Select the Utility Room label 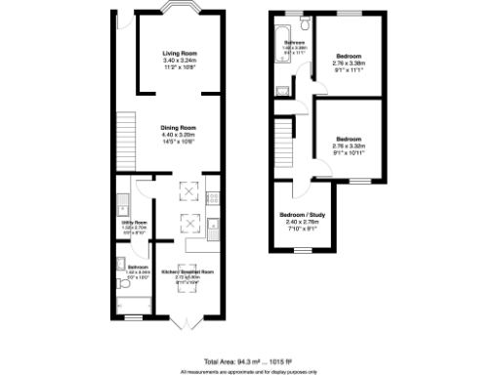[133, 223]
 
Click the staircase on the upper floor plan [284, 138]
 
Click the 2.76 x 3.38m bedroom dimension [349, 62]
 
